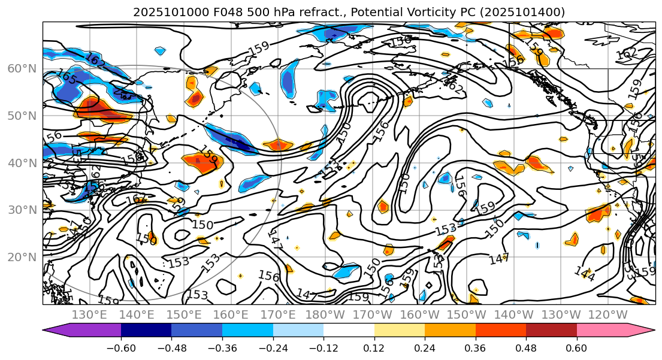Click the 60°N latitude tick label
click(21, 68)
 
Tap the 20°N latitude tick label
click(21, 257)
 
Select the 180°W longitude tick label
click(326, 314)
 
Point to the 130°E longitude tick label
click(89, 314)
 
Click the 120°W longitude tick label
click(609, 314)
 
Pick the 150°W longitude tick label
click(467, 314)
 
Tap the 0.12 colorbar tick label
click(374, 349)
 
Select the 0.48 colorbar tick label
click(526, 349)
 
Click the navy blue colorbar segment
click(146, 330)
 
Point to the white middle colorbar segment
click(349, 330)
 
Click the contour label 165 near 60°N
click(66, 77)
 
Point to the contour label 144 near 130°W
click(584, 274)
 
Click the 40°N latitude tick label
click(21, 163)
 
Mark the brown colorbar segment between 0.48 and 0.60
click(551, 330)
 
